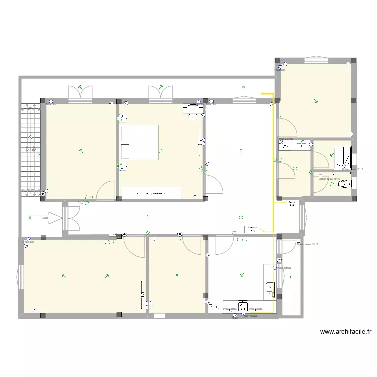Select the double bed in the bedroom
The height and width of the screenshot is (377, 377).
(139, 143)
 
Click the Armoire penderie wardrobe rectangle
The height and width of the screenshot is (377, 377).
(151, 193)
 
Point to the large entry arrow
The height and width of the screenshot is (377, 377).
(45, 218)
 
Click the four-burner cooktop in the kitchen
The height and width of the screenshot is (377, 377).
(243, 306)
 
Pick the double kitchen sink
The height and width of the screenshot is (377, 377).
(269, 290)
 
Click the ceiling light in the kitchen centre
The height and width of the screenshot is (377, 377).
(242, 275)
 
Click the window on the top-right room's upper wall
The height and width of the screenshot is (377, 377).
(316, 60)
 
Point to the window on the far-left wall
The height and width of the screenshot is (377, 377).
(21, 276)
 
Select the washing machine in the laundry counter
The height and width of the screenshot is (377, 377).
(303, 145)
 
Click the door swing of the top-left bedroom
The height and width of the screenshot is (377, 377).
(107, 190)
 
